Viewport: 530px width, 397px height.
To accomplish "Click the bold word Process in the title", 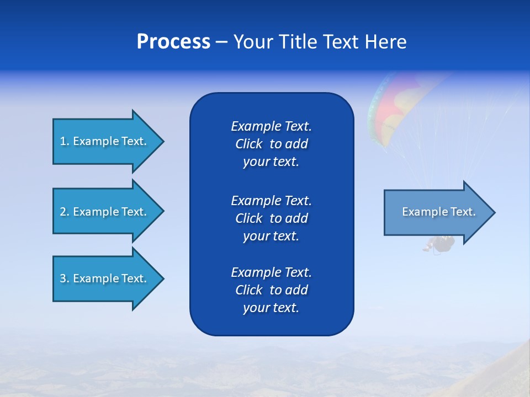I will (x=173, y=42).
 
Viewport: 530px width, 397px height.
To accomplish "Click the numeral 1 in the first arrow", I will (x=63, y=141).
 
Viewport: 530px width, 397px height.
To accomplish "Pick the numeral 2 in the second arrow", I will (x=63, y=212).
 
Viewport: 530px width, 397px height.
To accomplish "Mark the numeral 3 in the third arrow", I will (x=63, y=278).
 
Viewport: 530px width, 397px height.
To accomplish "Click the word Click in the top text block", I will (x=248, y=144).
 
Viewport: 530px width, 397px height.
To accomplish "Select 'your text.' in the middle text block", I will (x=271, y=236).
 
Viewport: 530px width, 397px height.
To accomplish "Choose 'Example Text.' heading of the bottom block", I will (x=271, y=272).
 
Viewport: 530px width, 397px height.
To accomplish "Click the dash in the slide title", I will (x=221, y=42).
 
